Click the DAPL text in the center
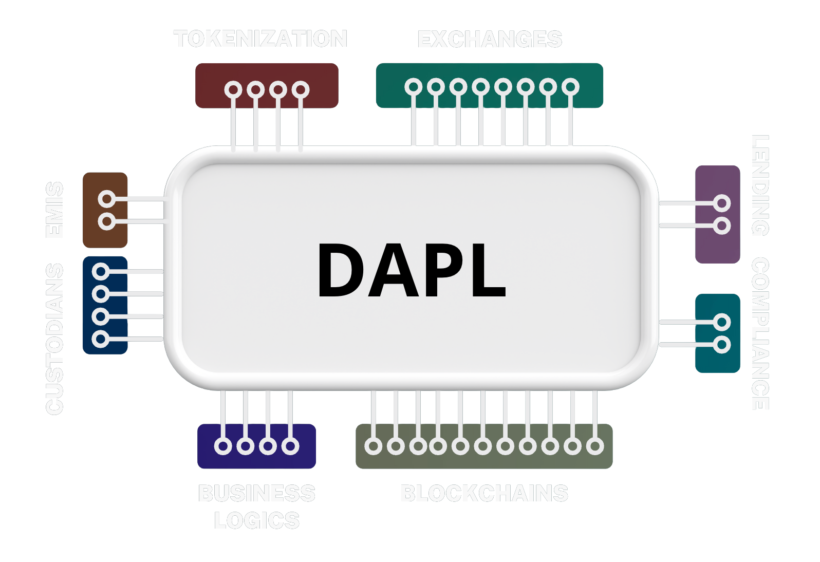[412, 270]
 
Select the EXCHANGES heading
[489, 40]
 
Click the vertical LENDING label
[760, 185]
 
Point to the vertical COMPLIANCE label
[760, 333]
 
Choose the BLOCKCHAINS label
[484, 494]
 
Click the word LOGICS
[256, 521]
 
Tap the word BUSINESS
[256, 494]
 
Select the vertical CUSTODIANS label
[55, 339]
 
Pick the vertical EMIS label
[55, 210]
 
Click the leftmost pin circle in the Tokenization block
[233, 90]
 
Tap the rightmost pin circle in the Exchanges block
[570, 87]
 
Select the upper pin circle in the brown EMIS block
[107, 199]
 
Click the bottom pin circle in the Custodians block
[101, 339]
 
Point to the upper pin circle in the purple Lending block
[722, 203]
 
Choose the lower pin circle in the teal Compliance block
[722, 344]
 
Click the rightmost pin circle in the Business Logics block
[290, 446]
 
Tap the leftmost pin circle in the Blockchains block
[374, 446]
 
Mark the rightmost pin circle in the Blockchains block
[595, 446]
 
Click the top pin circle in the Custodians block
[101, 271]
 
